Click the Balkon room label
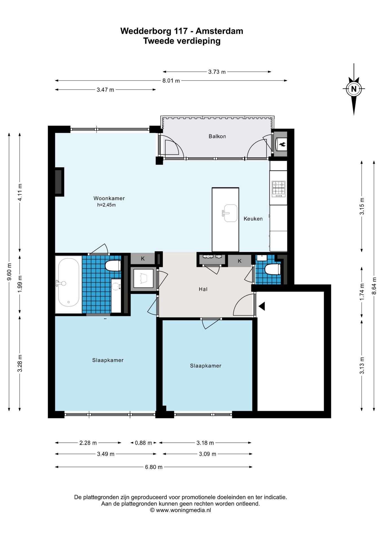[x=217, y=136]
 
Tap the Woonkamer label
[x=109, y=198]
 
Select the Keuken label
[x=253, y=219]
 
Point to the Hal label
[x=203, y=289]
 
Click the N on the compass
[x=354, y=89]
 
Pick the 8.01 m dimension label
[x=171, y=81]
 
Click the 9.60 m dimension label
[x=9, y=272]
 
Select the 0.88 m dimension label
[x=143, y=443]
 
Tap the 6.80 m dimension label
[x=154, y=467]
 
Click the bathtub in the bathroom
[x=69, y=285]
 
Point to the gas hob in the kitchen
[x=279, y=189]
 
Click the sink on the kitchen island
[x=230, y=213]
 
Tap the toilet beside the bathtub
[x=113, y=266]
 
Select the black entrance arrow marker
[x=262, y=306]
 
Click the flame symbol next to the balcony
[x=282, y=145]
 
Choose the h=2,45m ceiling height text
[x=106, y=205]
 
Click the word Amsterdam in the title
[x=219, y=31]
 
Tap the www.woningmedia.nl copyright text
[x=181, y=510]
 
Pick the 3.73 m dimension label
[x=217, y=72]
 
